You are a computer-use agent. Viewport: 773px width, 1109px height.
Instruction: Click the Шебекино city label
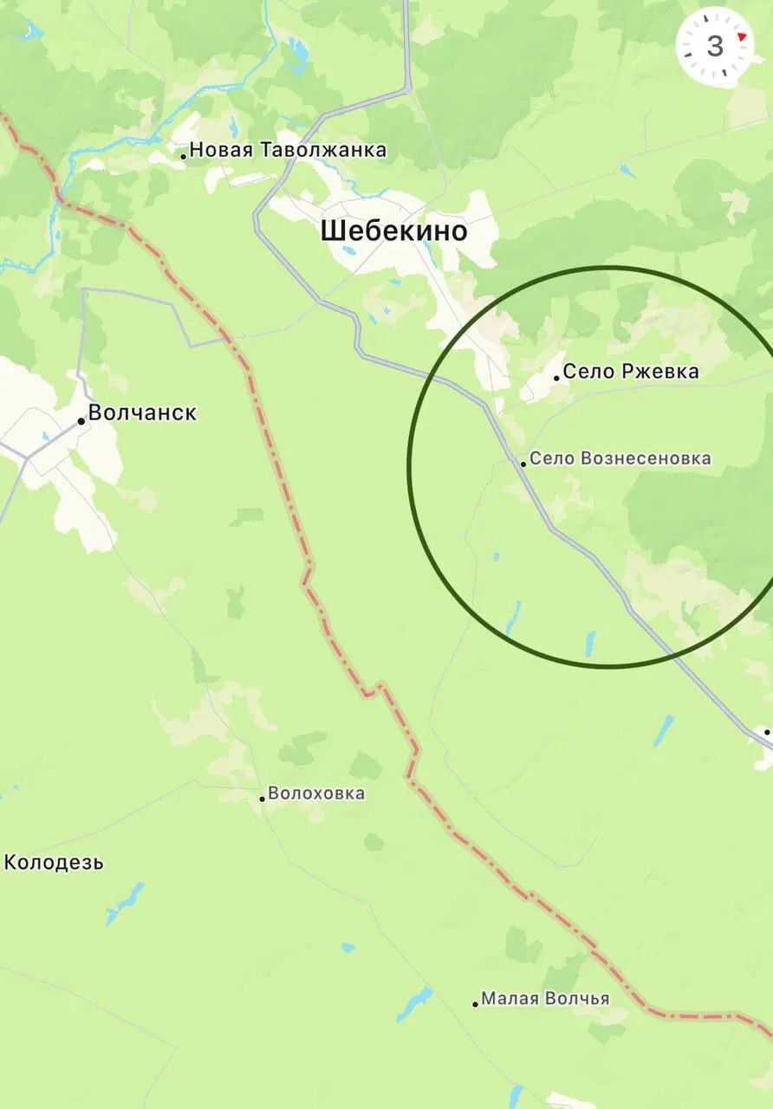point(393,231)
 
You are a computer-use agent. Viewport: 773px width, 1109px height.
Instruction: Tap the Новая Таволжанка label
point(288,151)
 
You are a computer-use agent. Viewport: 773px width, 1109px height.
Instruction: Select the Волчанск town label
point(142,413)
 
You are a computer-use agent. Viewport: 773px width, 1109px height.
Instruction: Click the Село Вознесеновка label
point(620,458)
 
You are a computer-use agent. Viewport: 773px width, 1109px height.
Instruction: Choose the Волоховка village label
point(316,794)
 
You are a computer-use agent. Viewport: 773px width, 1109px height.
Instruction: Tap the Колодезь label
point(54,863)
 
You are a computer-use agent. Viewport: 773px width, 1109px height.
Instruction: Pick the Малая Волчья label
point(545,999)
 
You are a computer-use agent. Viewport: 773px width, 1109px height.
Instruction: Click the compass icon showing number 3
point(715,46)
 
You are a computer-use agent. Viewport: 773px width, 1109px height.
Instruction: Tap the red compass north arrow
point(742,37)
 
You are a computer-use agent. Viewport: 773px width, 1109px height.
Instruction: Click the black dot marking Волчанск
point(81,421)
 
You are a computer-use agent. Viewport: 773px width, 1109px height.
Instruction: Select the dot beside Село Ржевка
point(556,378)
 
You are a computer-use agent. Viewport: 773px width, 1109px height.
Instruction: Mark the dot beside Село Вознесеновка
point(523,464)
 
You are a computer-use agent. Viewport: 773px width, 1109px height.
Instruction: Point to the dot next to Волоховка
point(262,798)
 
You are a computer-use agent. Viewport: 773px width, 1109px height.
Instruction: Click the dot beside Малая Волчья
point(475,1004)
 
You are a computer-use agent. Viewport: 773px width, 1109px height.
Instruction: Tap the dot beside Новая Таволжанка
point(184,156)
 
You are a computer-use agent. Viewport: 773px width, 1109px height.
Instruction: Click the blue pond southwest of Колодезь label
point(124,904)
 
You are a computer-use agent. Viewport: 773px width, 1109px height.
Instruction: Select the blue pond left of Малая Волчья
point(413,1003)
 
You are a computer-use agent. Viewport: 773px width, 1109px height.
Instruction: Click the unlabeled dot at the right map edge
point(768,733)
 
